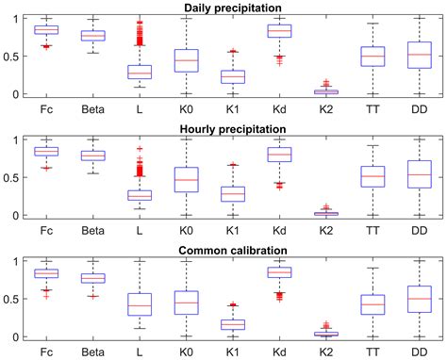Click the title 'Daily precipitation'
click(x=232, y=8)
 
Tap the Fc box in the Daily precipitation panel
click(x=46, y=30)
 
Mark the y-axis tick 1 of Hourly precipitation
click(x=19, y=139)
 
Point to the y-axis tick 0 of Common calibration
click(x=19, y=336)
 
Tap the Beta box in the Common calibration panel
click(x=92, y=278)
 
